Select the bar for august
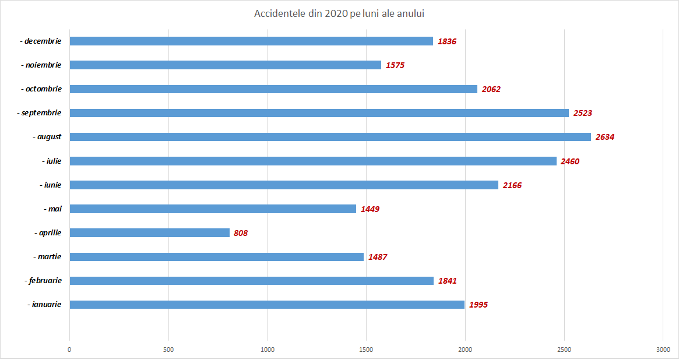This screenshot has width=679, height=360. click(x=330, y=137)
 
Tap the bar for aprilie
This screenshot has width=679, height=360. click(x=149, y=232)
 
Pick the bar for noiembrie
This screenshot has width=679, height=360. click(x=225, y=65)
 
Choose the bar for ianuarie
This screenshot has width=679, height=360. click(x=267, y=305)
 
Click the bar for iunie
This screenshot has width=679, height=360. click(x=284, y=185)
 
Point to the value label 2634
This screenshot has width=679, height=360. click(x=605, y=137)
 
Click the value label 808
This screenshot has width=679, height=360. click(x=241, y=233)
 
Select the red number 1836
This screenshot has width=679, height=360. click(x=447, y=41)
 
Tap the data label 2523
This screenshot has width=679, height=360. click(x=583, y=113)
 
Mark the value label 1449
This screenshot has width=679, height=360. click(x=370, y=209)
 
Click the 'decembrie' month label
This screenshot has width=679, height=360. click(x=41, y=41)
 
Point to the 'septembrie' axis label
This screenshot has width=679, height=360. click(x=39, y=113)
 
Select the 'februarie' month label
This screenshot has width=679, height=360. click(x=43, y=281)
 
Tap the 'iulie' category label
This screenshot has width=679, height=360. click(x=52, y=161)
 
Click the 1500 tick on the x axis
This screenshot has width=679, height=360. click(x=366, y=350)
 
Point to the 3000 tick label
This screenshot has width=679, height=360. click(x=663, y=350)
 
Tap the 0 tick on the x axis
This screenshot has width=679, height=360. click(x=69, y=350)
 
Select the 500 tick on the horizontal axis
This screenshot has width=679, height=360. click(x=168, y=350)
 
